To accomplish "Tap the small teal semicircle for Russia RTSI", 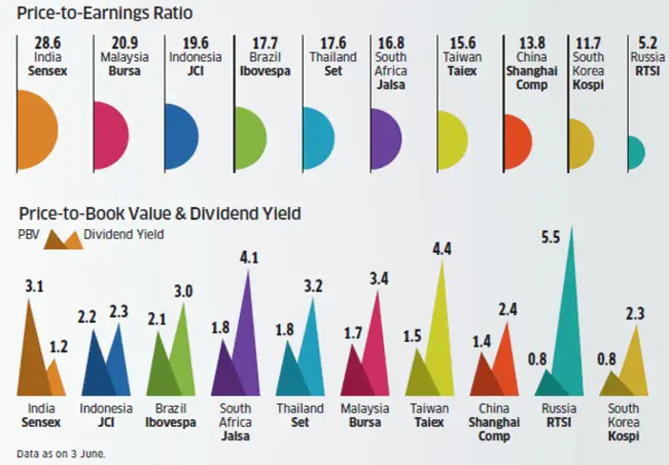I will click(635, 150).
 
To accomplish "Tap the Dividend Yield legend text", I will click(124, 234).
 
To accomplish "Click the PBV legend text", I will click(28, 234).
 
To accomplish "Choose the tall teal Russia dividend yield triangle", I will click(572, 325).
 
